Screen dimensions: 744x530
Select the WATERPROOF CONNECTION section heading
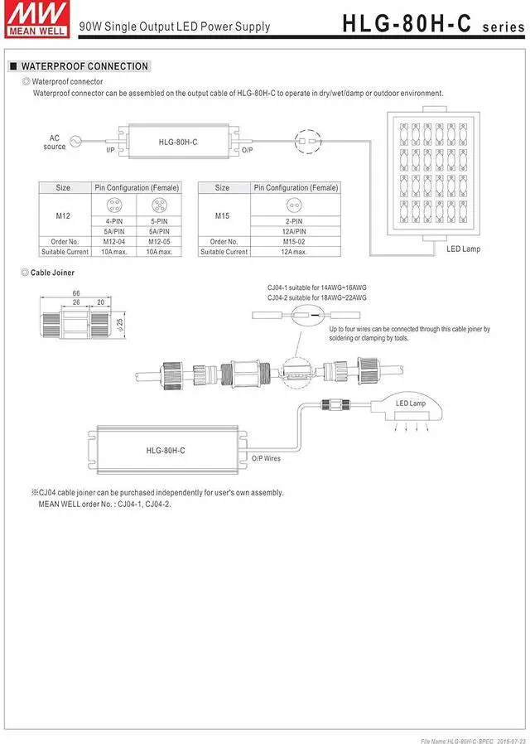[84, 66]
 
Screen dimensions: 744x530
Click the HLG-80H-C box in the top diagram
[177, 142]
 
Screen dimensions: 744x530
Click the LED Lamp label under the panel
[463, 249]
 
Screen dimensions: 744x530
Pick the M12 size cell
[63, 215]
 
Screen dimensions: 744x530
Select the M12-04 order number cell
[113, 242]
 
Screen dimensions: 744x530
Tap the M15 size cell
[222, 215]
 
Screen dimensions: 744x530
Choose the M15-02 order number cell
[295, 242]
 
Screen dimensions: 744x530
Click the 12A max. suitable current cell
[295, 252]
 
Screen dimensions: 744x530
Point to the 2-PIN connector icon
[295, 205]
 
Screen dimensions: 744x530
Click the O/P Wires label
[266, 458]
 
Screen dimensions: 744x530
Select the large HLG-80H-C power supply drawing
[166, 449]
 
